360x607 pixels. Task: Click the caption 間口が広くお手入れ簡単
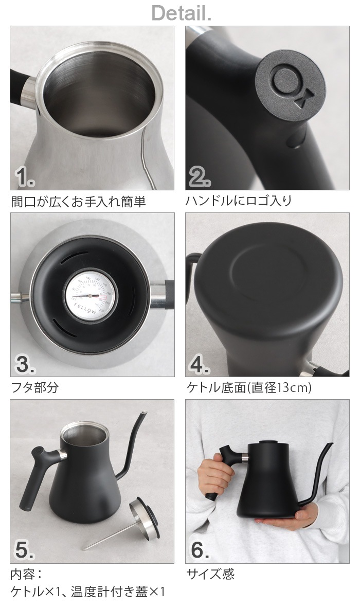[x=78, y=202]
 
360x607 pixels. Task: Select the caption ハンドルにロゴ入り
[x=239, y=201]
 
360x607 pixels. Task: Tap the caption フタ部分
[x=34, y=387]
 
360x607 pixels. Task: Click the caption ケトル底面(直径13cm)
[x=248, y=387]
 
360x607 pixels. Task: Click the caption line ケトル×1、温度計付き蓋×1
[x=88, y=592]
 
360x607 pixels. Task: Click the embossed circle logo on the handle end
[x=284, y=80]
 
